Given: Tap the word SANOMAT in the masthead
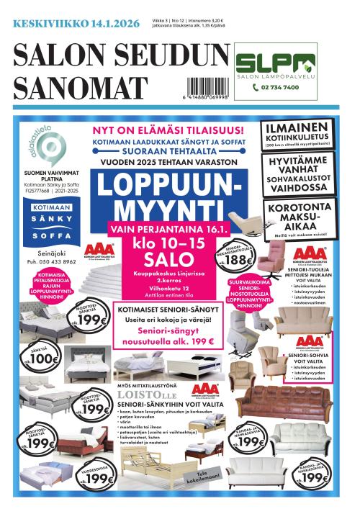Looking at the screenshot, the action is point(78,88).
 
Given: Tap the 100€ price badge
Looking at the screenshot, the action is point(44,358).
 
